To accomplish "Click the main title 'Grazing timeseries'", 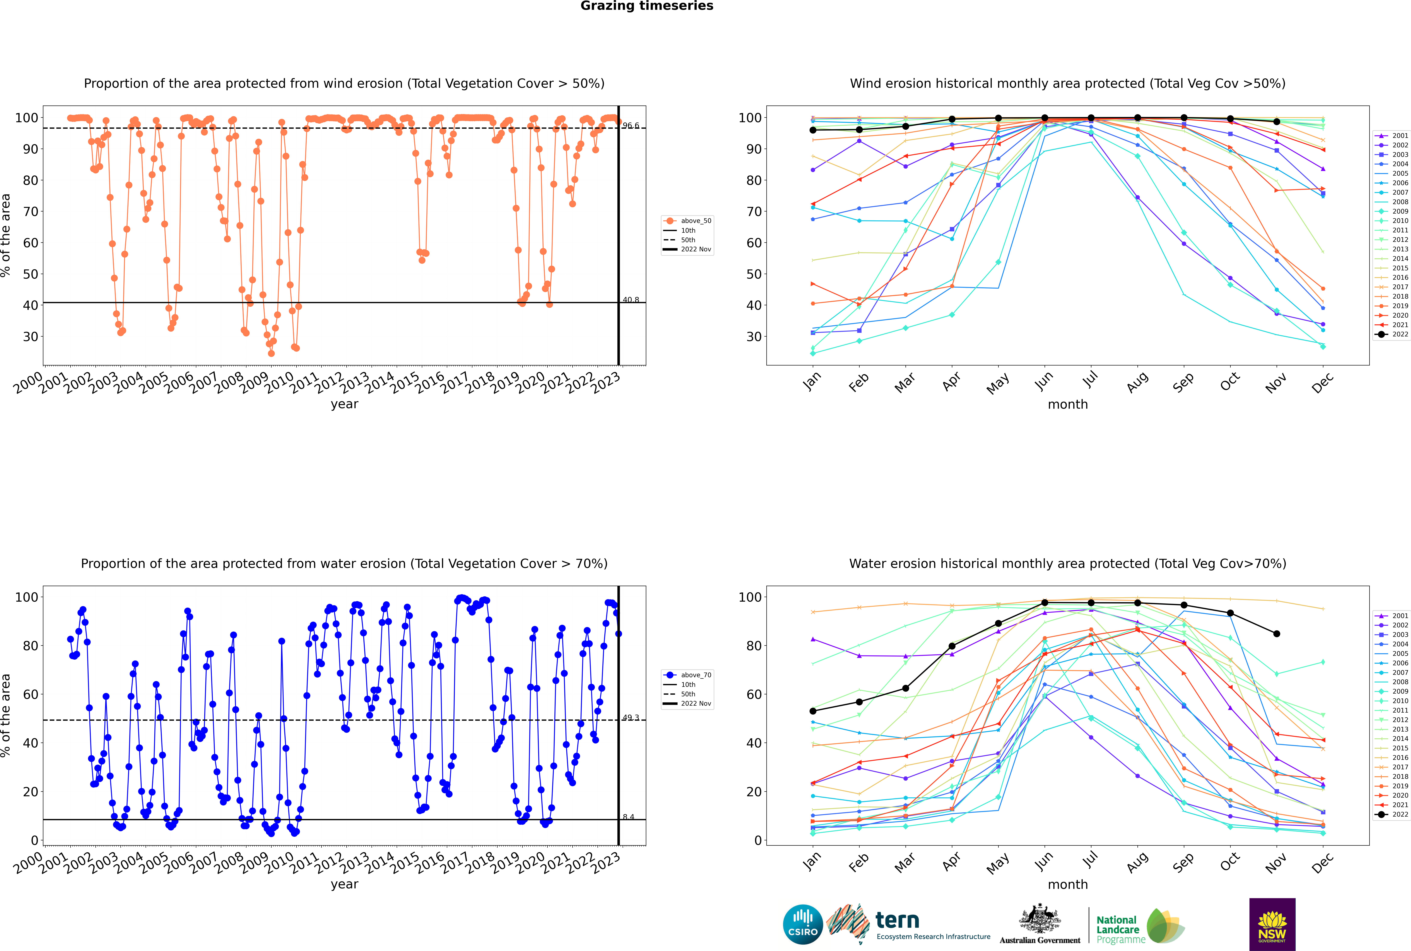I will (x=647, y=6).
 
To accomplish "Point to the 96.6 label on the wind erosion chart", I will (x=631, y=126).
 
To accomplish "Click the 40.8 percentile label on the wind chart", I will (x=631, y=300).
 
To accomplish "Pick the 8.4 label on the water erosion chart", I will (x=628, y=817).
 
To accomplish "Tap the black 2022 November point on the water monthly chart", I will (x=1276, y=634).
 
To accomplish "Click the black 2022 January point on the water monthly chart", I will (x=813, y=711).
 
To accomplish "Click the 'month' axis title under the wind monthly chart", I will (x=1068, y=405).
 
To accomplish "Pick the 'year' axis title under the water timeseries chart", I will (x=344, y=884).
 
